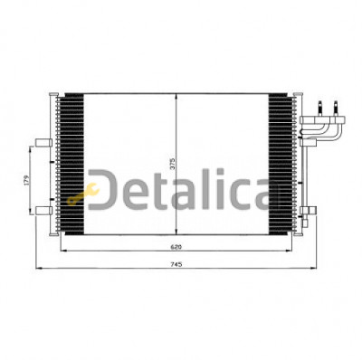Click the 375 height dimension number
pyautogui.click(x=172, y=164)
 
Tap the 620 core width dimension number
pyautogui.click(x=176, y=247)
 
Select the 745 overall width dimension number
pyautogui.click(x=176, y=264)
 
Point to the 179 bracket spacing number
pyautogui.click(x=26, y=180)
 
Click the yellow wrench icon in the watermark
pyautogui.click(x=83, y=194)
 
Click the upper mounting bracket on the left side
pyautogui.click(x=44, y=143)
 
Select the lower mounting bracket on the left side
pyautogui.click(x=44, y=211)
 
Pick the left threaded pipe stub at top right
pyautogui.click(x=320, y=109)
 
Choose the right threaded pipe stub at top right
pyautogui.click(x=336, y=109)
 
